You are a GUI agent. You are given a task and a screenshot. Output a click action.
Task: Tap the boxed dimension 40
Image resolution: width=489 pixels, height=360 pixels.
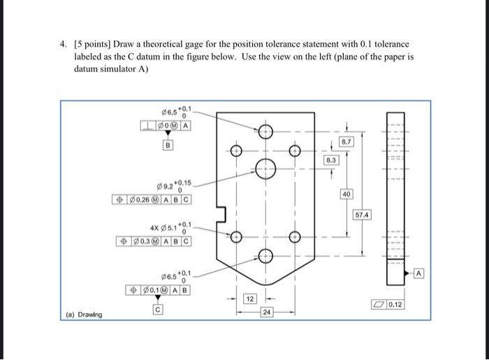tap(347, 193)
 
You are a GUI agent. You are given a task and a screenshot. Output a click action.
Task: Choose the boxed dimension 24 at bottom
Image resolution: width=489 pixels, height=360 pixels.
tap(265, 311)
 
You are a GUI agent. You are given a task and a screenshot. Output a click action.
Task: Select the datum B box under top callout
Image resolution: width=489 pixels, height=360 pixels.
tap(168, 145)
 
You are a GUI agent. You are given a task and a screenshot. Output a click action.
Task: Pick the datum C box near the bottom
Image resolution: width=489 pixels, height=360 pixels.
tap(158, 309)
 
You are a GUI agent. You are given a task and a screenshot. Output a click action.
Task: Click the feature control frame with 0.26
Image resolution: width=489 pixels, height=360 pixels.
tap(153, 199)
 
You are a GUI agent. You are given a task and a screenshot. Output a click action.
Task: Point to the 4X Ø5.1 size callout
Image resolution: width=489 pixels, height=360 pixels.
tap(170, 227)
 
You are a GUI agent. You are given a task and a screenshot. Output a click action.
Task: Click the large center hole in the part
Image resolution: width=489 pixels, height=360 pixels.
tap(265, 168)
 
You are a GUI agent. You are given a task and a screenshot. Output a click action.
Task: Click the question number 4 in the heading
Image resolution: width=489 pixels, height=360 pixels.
tap(61, 44)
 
